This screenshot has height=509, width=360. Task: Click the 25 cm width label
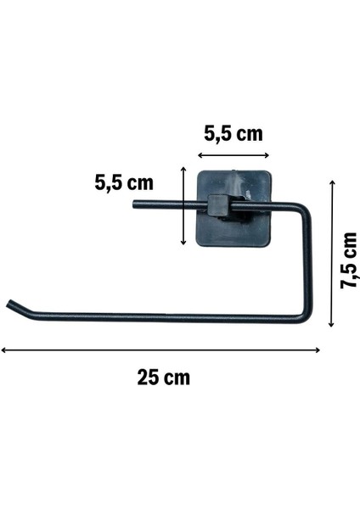click(x=164, y=377)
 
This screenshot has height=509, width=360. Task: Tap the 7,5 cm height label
click(x=348, y=260)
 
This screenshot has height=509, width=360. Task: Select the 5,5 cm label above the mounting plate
click(x=233, y=134)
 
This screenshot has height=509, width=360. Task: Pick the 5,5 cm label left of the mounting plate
click(x=125, y=182)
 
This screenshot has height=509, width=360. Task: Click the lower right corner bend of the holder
click(x=306, y=317)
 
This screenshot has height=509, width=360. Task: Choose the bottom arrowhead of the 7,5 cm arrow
click(x=332, y=325)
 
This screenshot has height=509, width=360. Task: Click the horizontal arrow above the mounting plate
click(x=233, y=156)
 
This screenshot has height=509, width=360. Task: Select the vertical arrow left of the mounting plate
click(x=183, y=206)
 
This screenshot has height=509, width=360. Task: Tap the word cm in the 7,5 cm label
click(x=348, y=246)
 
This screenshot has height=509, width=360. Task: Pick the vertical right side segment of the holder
click(x=307, y=263)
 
